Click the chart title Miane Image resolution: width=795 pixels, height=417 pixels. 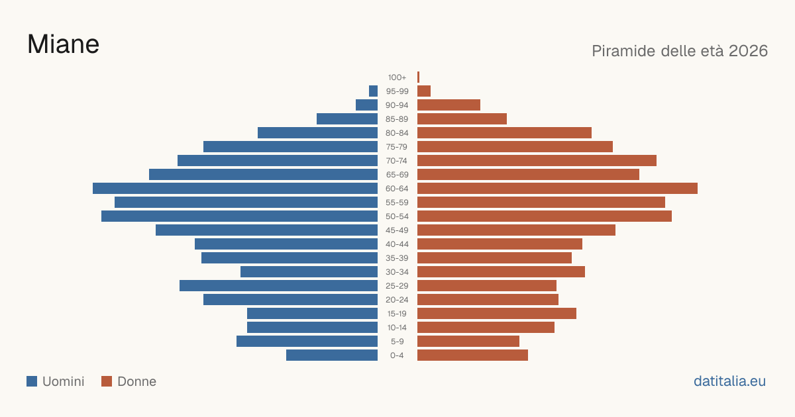(x=63, y=44)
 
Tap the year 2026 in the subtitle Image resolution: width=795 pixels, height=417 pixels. (x=748, y=51)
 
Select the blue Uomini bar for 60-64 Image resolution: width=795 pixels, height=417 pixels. (x=235, y=188)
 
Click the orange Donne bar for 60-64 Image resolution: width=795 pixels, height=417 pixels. (x=557, y=188)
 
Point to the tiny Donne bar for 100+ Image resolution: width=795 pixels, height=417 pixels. (x=419, y=77)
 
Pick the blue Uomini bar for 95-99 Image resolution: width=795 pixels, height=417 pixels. (x=374, y=91)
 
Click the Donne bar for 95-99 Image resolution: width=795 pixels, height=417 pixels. (x=424, y=91)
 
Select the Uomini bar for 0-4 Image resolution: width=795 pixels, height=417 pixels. (x=332, y=355)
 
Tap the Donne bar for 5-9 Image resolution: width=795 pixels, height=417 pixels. (x=468, y=341)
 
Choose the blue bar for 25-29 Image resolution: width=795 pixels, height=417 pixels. (x=279, y=285)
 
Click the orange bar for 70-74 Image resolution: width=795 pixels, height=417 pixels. (x=537, y=160)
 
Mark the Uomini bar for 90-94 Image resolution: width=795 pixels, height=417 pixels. (x=366, y=105)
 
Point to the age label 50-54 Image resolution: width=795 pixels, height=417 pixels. (x=397, y=216)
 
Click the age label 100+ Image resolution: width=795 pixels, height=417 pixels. (x=397, y=77)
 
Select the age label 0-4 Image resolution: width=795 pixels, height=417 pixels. (x=397, y=355)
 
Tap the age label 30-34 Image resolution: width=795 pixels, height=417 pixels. (x=397, y=272)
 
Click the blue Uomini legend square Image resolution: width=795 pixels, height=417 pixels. (x=32, y=381)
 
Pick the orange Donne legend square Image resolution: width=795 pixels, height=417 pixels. (x=107, y=381)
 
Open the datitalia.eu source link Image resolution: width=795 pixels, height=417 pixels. (x=729, y=381)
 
